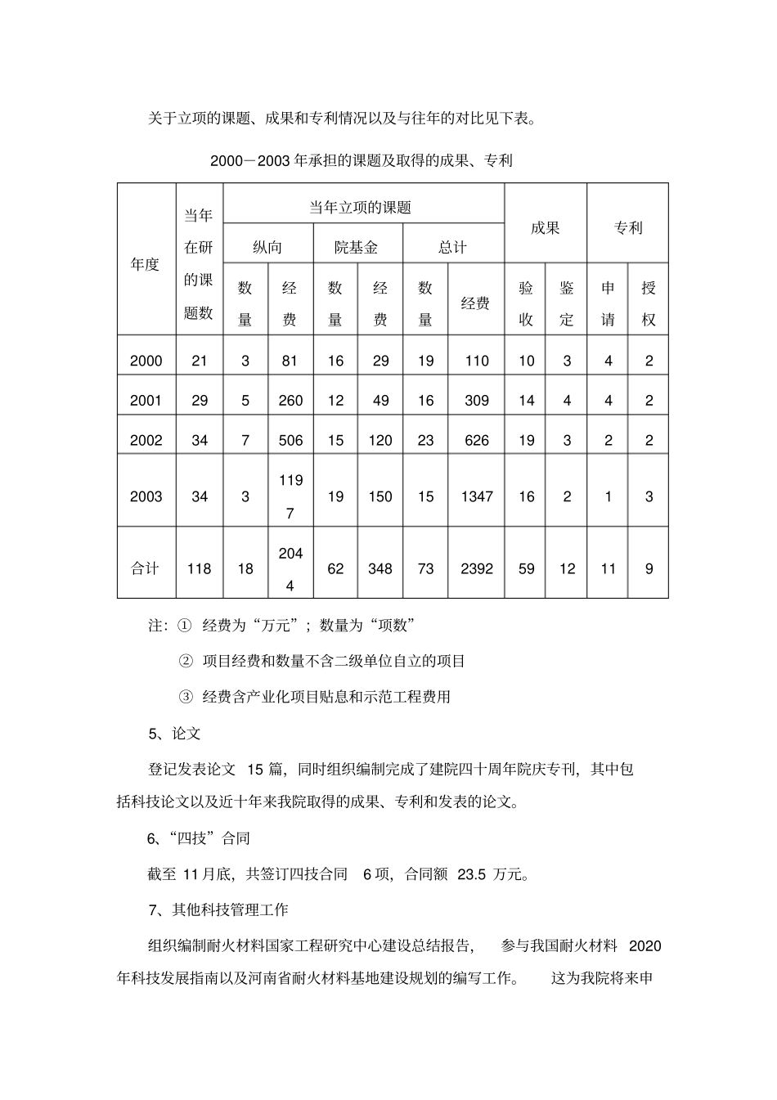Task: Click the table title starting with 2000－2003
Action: click(361, 160)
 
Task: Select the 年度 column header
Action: click(146, 264)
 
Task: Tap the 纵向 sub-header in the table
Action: click(267, 247)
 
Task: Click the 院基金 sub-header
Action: click(357, 247)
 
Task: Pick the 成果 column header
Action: click(545, 227)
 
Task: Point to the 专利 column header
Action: click(627, 227)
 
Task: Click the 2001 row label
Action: click(146, 400)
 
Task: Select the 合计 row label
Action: click(146, 568)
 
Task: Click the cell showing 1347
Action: click(476, 496)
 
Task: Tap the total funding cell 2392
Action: click(476, 568)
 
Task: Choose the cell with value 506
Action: click(290, 440)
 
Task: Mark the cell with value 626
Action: click(476, 440)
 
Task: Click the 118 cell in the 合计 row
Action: click(199, 568)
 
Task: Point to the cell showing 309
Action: click(476, 400)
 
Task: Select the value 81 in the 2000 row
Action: click(290, 361)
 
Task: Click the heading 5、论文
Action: click(174, 733)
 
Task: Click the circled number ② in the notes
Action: click(186, 661)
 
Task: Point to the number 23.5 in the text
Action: click(472, 874)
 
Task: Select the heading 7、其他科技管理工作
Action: click(218, 909)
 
